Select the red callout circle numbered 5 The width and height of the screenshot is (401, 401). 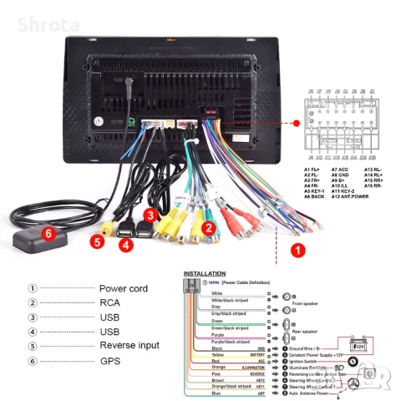[x=97, y=242]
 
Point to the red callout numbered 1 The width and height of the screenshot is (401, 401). [x=297, y=249]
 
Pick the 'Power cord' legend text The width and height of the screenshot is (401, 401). [x=123, y=288]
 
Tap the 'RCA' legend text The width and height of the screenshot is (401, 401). [x=110, y=302]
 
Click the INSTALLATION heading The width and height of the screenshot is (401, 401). [x=204, y=273]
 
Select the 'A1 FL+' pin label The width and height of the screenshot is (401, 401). [x=312, y=170]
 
